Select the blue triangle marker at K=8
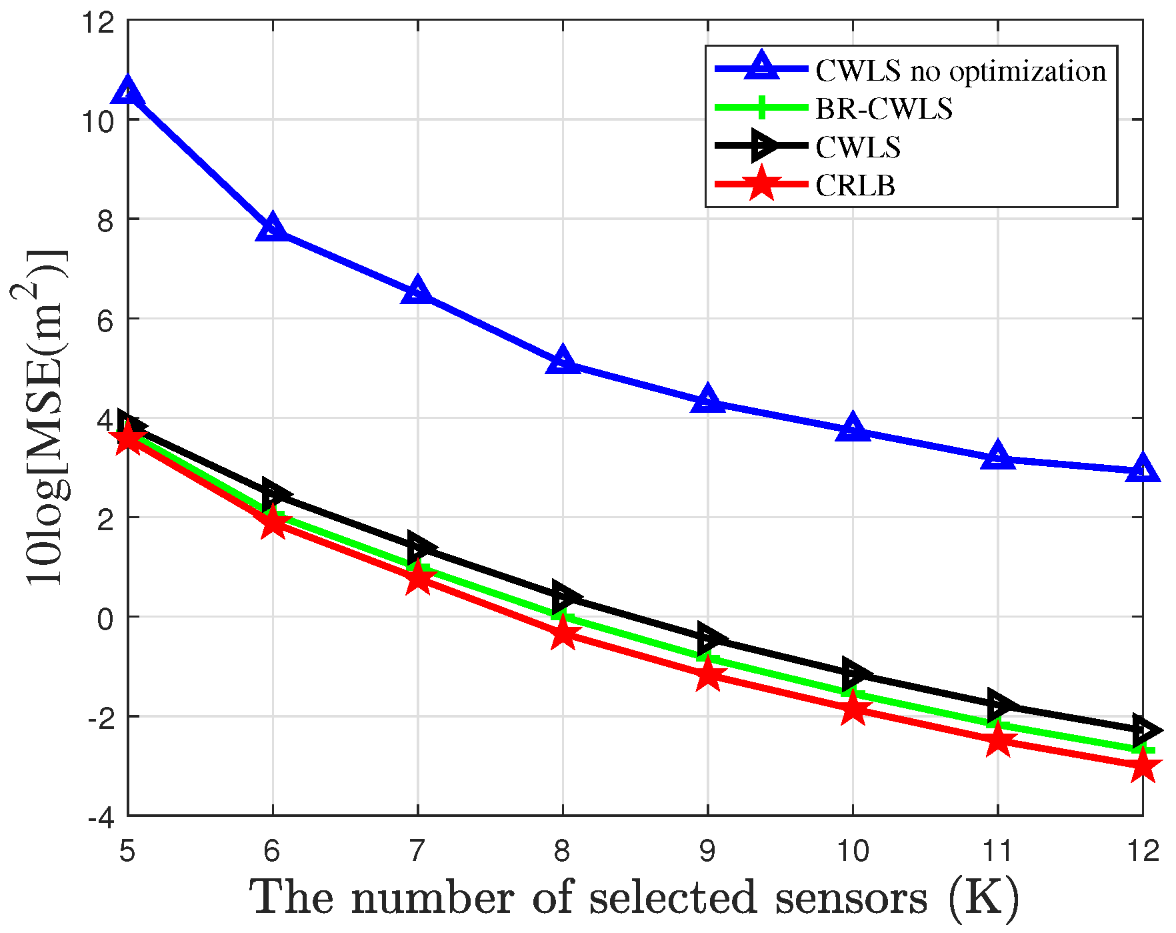[x=563, y=361]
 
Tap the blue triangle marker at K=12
[x=1143, y=470]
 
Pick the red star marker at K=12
[x=1143, y=765]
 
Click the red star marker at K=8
[x=563, y=632]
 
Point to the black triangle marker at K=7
[x=421, y=547]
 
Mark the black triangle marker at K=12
[x=1145, y=730]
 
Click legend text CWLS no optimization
[x=961, y=71]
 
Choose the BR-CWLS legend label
[x=884, y=109]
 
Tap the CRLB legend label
[x=855, y=185]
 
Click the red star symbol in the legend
[x=761, y=184]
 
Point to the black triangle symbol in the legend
[x=762, y=146]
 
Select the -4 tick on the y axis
[x=101, y=816]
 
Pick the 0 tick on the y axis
[x=105, y=618]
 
